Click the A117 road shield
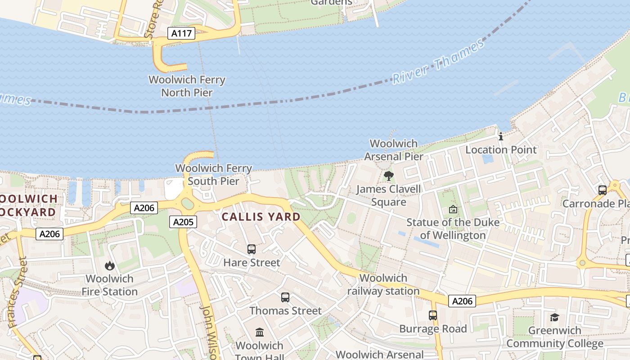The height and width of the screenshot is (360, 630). coord(181,33)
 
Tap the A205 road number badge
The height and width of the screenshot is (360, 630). coord(183,221)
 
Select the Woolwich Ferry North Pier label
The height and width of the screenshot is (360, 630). coord(187,86)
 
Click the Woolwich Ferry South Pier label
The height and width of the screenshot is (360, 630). coord(213,175)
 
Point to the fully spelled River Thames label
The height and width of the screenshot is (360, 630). coord(438,62)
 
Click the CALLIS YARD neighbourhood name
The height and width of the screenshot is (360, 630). coord(261,216)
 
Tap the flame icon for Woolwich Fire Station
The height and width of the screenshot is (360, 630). coord(110,265)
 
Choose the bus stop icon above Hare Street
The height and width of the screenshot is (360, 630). coord(252,249)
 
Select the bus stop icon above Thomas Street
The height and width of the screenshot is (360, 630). coord(285,297)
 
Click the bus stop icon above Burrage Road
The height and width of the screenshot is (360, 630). coord(433,315)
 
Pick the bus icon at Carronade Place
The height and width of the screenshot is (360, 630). coord(603,190)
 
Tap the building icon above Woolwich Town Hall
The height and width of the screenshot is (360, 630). coord(260,332)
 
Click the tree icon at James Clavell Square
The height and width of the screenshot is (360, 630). coord(389,175)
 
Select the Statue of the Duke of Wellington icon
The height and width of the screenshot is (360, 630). coord(453,209)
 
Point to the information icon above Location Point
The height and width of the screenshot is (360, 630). coord(501,136)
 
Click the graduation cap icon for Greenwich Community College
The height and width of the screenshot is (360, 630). coord(554,317)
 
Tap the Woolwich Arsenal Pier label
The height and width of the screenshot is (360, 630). coord(394,150)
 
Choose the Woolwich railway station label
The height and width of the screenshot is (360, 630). coord(383,284)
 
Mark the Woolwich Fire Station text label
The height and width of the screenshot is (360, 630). coord(110,285)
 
